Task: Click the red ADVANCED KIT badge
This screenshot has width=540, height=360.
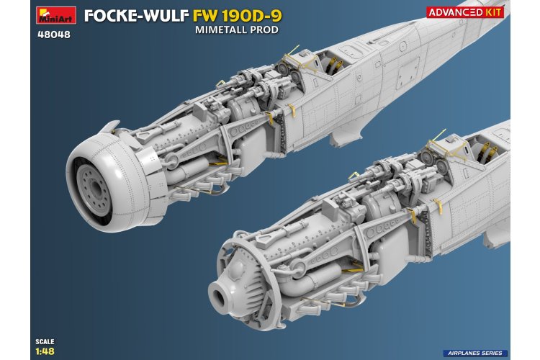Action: (x=476, y=12)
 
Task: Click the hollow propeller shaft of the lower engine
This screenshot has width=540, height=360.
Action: (x=222, y=294)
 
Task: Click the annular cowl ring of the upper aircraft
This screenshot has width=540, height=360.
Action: (x=108, y=162)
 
